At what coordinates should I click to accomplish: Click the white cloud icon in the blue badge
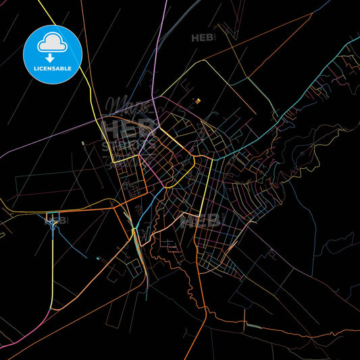point(53,43)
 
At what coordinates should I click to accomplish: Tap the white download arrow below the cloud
point(53,56)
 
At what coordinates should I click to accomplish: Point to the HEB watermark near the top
point(203,38)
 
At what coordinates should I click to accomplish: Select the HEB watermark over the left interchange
point(55,220)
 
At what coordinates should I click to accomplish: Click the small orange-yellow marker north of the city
point(198,101)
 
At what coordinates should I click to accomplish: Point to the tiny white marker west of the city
point(83,143)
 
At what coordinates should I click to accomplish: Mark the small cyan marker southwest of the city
point(99,258)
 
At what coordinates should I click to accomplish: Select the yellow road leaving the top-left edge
point(68,41)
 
